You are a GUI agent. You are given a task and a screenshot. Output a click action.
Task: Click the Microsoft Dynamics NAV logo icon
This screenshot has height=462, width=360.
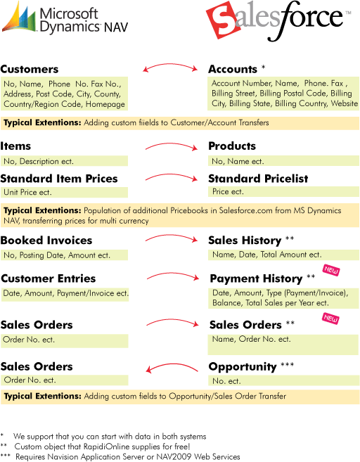point(18,17)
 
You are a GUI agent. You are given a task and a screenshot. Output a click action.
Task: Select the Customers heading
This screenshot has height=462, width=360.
point(30,69)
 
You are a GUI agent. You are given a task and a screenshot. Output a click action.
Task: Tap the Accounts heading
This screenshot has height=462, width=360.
point(233,69)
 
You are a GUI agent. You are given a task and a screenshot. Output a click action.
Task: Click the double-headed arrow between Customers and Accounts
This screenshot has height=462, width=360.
point(170,65)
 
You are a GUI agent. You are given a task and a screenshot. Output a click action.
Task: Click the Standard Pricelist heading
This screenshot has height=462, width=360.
point(258,179)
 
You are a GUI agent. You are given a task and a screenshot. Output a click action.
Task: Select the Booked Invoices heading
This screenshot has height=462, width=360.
point(46,240)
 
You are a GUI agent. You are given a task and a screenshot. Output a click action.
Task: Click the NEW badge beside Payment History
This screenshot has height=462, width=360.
point(331,270)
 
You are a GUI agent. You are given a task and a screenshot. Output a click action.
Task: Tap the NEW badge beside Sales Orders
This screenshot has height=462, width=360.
point(330,319)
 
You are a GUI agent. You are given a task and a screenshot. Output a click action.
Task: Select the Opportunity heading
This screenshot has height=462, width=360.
point(243,367)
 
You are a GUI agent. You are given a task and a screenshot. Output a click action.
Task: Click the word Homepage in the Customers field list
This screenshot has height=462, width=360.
point(105,104)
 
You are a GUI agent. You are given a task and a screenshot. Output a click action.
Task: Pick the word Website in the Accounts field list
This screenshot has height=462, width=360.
point(345,103)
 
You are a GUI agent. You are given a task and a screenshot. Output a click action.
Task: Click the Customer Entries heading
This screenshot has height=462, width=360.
point(49,278)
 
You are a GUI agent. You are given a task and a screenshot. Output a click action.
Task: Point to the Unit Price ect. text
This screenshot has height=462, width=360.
point(27,193)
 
